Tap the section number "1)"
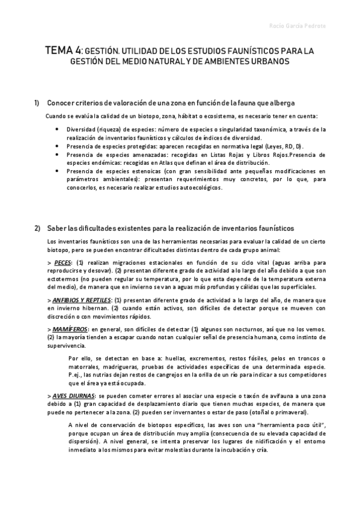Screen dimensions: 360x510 tap(37, 103)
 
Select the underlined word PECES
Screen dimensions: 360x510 tap(62, 263)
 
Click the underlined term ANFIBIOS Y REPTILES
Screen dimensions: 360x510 tap(82, 300)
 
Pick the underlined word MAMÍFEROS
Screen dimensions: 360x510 tap(70, 328)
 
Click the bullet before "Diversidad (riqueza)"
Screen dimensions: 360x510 tap(56, 129)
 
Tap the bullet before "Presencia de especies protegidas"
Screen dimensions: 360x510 tap(56, 146)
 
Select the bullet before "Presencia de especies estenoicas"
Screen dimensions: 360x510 tap(56, 171)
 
